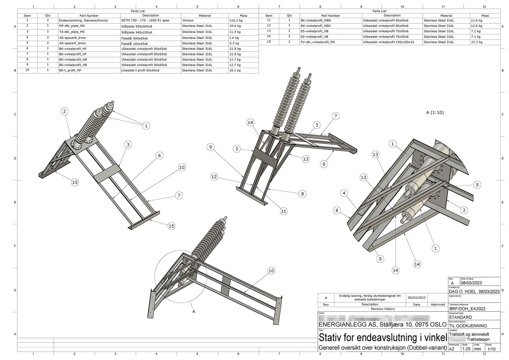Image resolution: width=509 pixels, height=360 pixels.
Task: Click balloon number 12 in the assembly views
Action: [214, 177]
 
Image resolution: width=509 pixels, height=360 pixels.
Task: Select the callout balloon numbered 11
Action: [284, 211]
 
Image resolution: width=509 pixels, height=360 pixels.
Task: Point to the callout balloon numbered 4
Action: [344, 193]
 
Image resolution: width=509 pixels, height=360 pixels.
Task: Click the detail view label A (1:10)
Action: [435, 112]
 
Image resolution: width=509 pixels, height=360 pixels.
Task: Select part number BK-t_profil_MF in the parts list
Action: [70, 70]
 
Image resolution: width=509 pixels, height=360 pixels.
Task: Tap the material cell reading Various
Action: [188, 21]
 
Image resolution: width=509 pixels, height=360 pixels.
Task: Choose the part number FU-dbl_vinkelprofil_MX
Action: [318, 42]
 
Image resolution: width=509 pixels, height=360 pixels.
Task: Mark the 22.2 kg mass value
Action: [476, 42]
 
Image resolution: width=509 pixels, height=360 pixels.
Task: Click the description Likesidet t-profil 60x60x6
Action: [140, 70]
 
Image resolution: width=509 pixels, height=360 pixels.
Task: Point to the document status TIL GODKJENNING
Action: [468, 326]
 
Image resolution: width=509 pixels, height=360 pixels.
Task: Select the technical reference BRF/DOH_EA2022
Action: [467, 309]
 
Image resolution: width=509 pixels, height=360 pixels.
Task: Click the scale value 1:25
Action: [466, 349]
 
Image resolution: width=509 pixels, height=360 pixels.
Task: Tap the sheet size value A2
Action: [451, 349]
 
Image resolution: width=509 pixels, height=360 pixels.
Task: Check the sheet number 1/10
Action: [491, 349]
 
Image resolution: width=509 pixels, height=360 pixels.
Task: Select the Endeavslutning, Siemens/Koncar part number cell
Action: [84, 21]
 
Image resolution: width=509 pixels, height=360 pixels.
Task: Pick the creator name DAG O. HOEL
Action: [462, 291]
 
